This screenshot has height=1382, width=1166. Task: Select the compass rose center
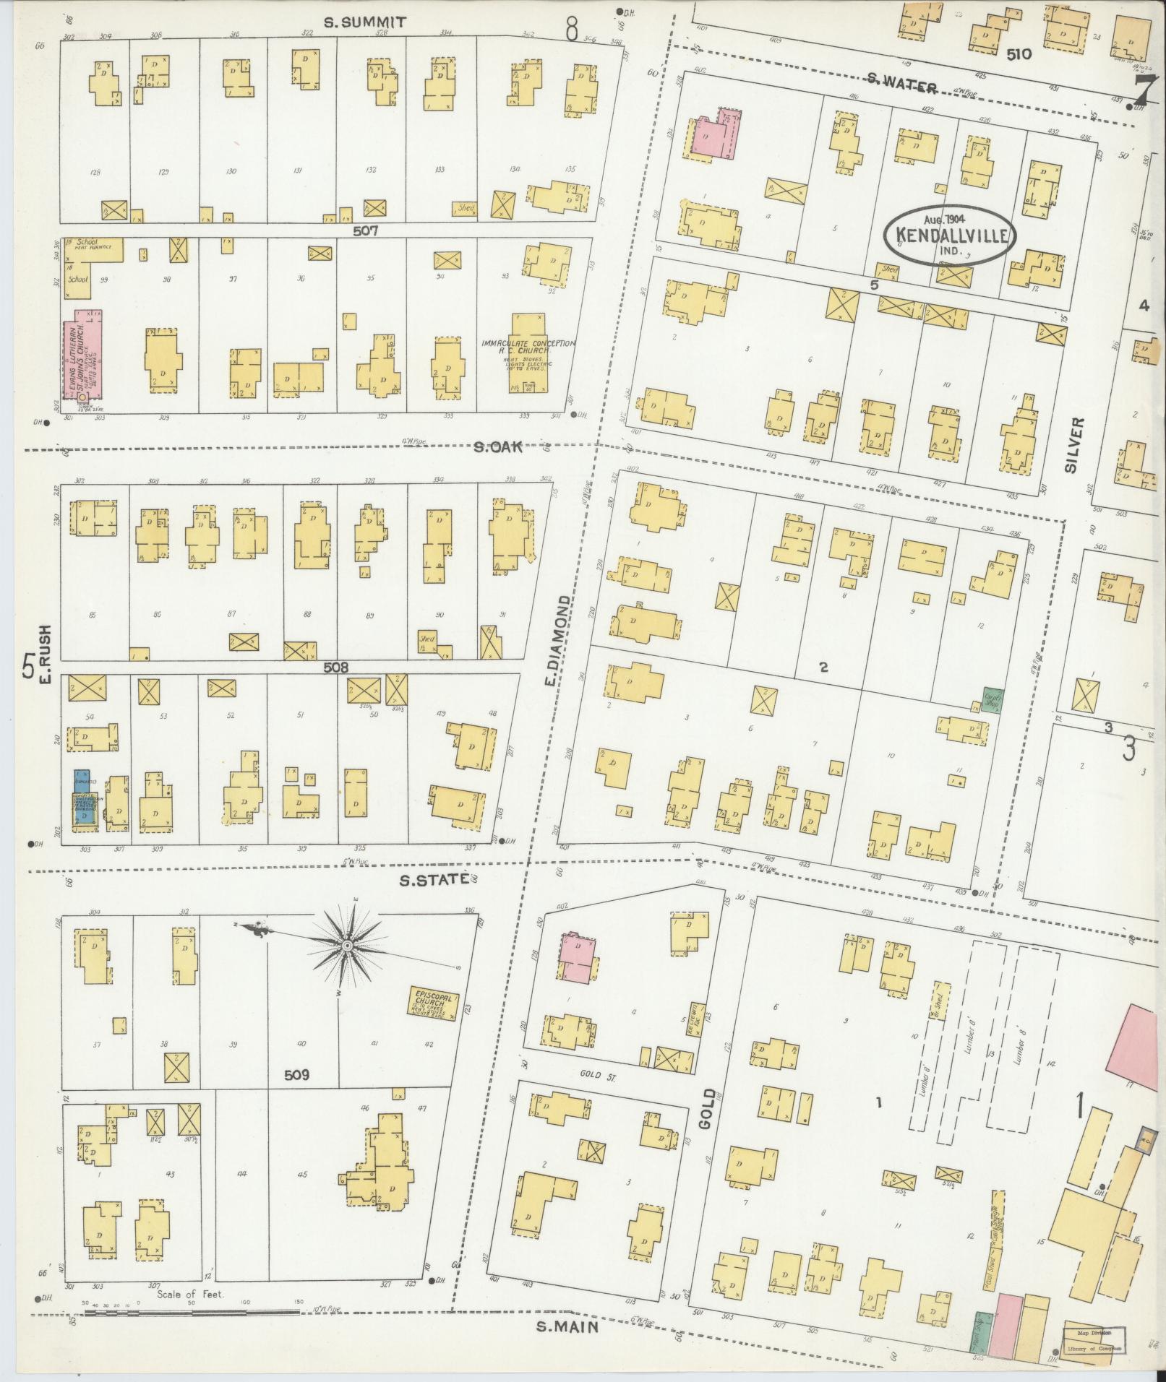(x=348, y=946)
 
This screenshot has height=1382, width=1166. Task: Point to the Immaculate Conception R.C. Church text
(x=530, y=349)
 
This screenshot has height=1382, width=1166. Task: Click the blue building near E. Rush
(x=84, y=798)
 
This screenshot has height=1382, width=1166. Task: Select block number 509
(x=296, y=1074)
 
